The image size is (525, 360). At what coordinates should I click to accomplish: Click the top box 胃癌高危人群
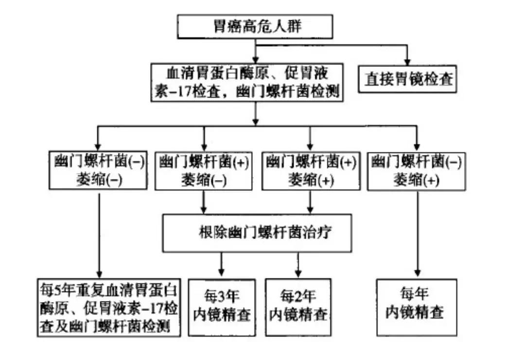pos(255,27)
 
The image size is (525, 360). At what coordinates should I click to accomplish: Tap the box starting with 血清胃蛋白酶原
pos(247,82)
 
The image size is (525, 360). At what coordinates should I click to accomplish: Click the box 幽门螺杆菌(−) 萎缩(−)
pos(98,171)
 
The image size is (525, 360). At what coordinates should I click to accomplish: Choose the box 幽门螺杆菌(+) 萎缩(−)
pos(203,171)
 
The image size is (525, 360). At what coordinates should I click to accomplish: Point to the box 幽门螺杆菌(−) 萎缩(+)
pos(416,171)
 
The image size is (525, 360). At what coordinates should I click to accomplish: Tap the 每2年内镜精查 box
pos(298,306)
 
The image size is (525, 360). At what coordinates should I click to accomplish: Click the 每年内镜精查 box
pos(417,306)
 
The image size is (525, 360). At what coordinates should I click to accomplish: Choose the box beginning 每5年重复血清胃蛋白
pos(108,307)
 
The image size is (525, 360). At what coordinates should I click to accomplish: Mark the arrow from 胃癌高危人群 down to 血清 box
pos(255,51)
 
